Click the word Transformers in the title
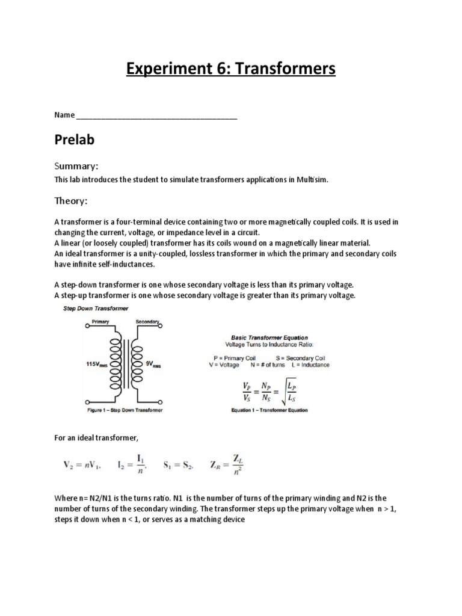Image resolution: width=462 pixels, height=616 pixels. (x=285, y=70)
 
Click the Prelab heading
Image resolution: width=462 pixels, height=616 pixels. (x=75, y=140)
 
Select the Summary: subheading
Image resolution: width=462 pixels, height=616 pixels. (x=76, y=165)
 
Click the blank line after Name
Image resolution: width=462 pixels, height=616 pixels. (x=157, y=115)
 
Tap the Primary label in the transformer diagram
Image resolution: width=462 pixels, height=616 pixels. (x=101, y=322)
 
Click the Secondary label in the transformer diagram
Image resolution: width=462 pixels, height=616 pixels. (x=147, y=322)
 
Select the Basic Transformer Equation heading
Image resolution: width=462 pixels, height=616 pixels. (x=269, y=337)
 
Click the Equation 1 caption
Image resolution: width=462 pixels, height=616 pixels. (x=269, y=410)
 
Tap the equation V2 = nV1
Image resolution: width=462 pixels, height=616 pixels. (x=82, y=464)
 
